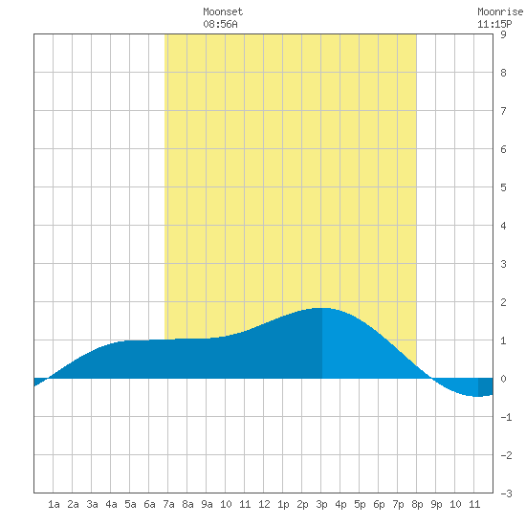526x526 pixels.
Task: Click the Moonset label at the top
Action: pos(223,11)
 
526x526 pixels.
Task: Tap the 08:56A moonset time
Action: pos(220,24)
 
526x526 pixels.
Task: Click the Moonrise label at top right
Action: pos(500,11)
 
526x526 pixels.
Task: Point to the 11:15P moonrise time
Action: pos(494,24)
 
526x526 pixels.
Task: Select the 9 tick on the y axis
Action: pos(503,34)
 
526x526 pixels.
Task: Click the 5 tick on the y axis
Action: pos(503,187)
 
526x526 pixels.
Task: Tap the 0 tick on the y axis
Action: pos(503,379)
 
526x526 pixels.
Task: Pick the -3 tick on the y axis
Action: pos(506,493)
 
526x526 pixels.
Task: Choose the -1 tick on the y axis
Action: pos(506,417)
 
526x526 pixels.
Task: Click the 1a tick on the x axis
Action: pos(54,504)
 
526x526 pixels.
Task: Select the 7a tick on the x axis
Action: pos(168,504)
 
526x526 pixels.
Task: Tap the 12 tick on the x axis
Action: pos(264,504)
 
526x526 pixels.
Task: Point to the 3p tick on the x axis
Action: pos(321,504)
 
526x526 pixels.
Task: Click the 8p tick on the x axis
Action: pos(417,504)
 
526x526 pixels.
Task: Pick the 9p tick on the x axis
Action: pos(436,504)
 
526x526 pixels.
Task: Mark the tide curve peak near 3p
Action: pos(321,308)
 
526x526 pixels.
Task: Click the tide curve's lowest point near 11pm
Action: pos(477,397)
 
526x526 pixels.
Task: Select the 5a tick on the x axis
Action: pos(130,504)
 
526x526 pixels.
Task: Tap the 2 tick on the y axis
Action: pos(503,302)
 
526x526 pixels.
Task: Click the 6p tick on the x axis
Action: pos(379,504)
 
